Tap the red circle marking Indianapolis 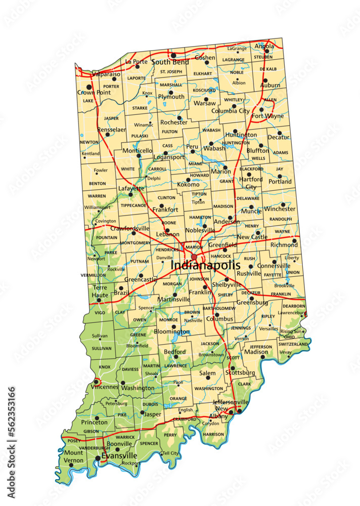(194, 258)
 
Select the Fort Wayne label (267, 116)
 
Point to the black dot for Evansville (98, 458)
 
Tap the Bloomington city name (172, 332)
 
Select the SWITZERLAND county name (293, 344)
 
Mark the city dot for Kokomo (188, 180)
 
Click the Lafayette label (131, 188)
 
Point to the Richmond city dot (294, 241)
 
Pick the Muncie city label (252, 212)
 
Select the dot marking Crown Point (89, 87)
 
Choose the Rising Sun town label (292, 331)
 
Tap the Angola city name (264, 46)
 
